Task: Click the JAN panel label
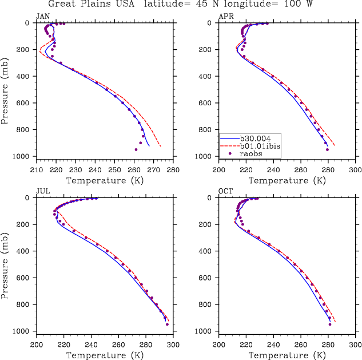(43, 16)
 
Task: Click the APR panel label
(226, 16)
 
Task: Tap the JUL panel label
(42, 191)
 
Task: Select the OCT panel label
(226, 191)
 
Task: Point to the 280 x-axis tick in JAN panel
(173, 170)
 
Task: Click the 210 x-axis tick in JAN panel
(37, 170)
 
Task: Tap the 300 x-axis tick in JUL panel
(173, 345)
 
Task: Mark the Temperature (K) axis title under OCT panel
(287, 355)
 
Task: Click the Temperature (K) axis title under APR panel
(287, 180)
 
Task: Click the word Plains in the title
(112, 5)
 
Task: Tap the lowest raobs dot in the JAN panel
(136, 149)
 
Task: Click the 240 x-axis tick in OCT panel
(274, 345)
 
